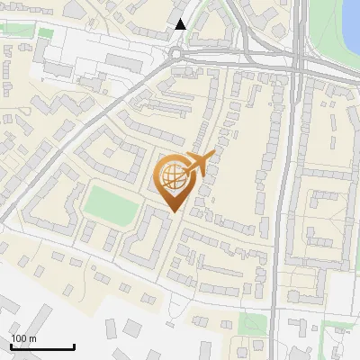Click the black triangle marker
pyautogui.click(x=181, y=24)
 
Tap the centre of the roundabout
pyautogui.click(x=176, y=53)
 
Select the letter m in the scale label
pyautogui.click(x=32, y=338)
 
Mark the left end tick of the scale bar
pyautogui.click(x=11, y=345)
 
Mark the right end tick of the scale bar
pyautogui.click(x=74, y=345)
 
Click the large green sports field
pyautogui.click(x=112, y=202)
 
